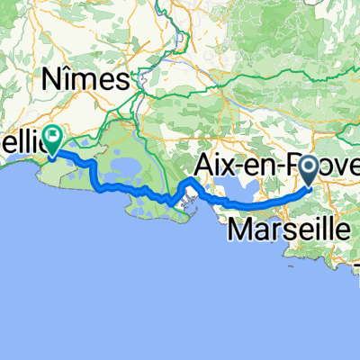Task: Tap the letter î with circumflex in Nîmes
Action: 74,80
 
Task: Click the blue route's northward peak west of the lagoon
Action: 190,183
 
